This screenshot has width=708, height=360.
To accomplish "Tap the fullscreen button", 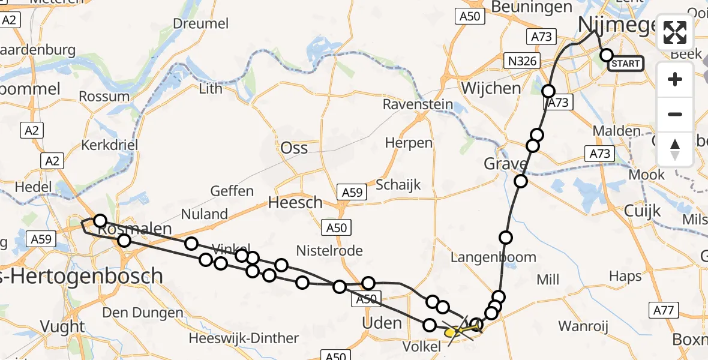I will tap(675, 32).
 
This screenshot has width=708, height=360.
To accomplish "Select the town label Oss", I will tap(295, 148).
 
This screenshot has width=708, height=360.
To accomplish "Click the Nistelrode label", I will tap(329, 250).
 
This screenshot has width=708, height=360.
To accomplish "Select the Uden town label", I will tap(382, 323).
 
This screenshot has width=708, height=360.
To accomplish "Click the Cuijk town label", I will tap(642, 211).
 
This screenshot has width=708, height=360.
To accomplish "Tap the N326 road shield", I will tap(521, 61).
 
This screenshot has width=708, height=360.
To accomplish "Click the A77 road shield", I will tap(664, 310).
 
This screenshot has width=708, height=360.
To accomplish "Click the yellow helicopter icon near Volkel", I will tap(452, 331).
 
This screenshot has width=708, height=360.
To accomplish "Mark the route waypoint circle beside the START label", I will tap(606, 55).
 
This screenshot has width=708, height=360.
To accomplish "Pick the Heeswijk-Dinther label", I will tap(244, 338).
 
